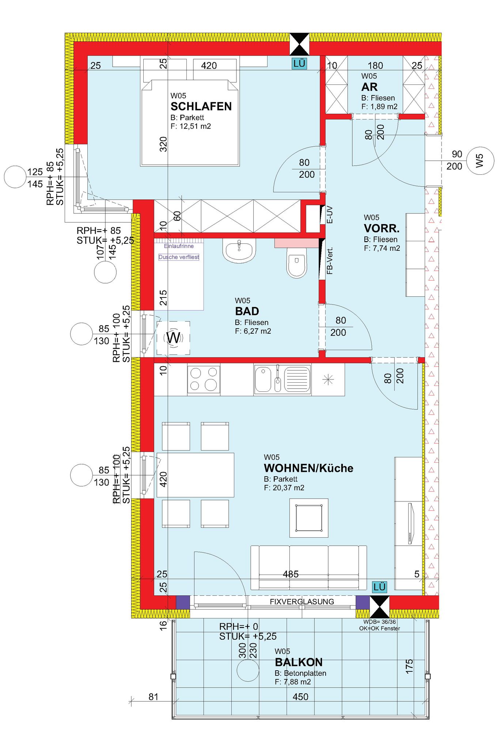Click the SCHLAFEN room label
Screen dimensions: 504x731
(x=201, y=106)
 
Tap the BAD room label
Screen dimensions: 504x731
(x=247, y=311)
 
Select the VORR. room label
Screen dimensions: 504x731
(x=382, y=228)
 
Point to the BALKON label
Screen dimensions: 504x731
(x=299, y=662)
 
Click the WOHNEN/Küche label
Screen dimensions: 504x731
(x=308, y=468)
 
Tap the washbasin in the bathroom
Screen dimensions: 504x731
(x=239, y=251)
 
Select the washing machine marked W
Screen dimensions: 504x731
(x=173, y=338)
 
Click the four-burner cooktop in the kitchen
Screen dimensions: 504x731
(x=204, y=379)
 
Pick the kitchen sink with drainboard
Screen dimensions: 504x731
(x=283, y=379)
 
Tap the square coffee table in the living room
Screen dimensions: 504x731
(x=309, y=518)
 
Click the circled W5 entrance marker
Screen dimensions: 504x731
(x=480, y=160)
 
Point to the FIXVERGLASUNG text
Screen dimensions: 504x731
(x=302, y=602)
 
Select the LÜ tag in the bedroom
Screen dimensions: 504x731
(x=299, y=64)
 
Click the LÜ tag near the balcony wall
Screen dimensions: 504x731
(x=379, y=587)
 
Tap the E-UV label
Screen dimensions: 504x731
(x=330, y=215)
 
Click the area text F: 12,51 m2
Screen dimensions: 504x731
(x=191, y=126)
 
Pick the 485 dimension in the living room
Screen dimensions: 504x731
(x=291, y=574)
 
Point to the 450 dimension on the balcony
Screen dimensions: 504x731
(x=300, y=697)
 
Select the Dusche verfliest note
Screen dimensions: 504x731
(x=179, y=257)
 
